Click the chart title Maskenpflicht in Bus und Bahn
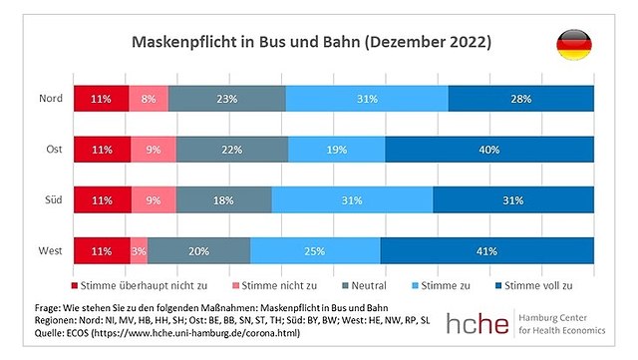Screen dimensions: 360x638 [311, 44]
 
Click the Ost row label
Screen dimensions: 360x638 [54, 149]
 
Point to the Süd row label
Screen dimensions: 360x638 [54, 198]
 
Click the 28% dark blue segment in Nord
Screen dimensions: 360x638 [521, 99]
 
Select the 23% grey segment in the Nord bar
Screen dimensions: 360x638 [226, 99]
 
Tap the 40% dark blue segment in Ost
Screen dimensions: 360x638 [489, 149]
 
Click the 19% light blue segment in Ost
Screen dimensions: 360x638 [336, 149]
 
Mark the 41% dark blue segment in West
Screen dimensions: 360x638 [486, 249]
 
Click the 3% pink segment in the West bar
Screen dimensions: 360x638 [139, 249]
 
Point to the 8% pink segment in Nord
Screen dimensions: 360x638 [149, 99]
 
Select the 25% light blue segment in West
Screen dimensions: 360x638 [315, 249]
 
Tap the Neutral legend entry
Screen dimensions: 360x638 [362, 285]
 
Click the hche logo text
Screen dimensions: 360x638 [478, 323]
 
